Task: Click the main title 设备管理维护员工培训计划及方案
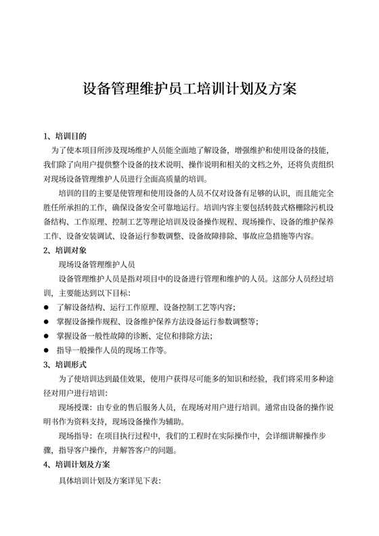pos(189,90)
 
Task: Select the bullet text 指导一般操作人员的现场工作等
pos(112,351)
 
